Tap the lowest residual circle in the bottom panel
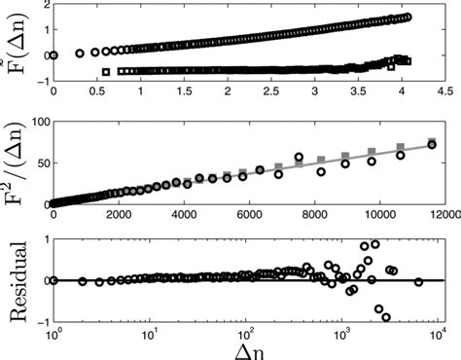(386, 317)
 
